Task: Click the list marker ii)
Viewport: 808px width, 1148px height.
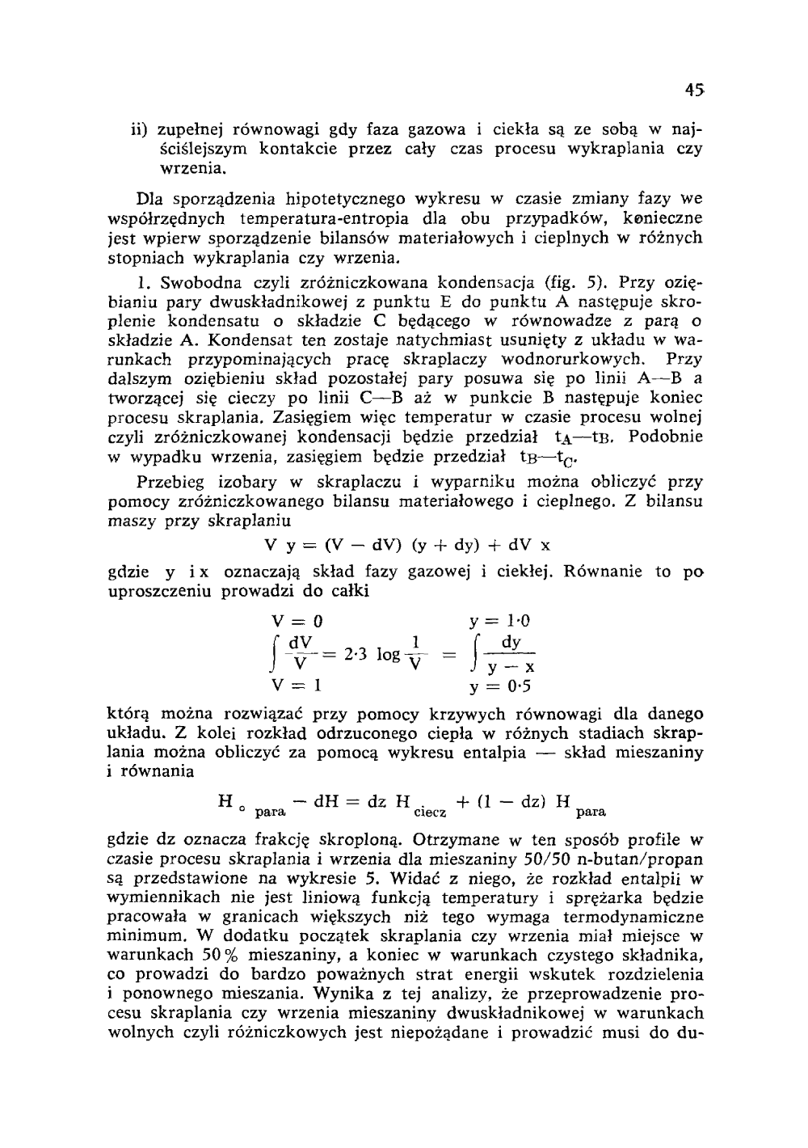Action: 142,129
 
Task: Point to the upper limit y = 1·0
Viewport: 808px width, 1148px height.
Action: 500,622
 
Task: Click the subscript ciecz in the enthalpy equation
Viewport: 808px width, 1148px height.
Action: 428,810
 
